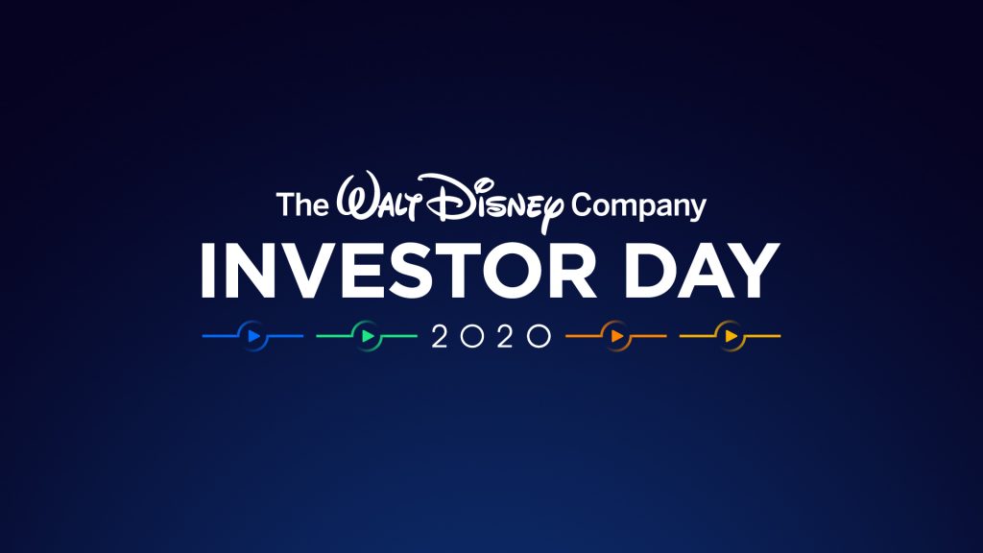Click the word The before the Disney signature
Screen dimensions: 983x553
[x=302, y=204]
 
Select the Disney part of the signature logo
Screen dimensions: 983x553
[x=494, y=202]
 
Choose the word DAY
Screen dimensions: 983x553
[x=702, y=271]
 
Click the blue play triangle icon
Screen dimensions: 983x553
[x=253, y=336]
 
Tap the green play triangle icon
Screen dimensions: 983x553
[x=368, y=336]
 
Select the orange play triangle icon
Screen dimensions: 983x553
[x=617, y=336]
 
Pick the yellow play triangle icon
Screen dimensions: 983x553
[x=731, y=336]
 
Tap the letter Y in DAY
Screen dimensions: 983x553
[x=754, y=271]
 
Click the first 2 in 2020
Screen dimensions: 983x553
[x=440, y=336]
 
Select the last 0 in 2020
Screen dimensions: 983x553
[x=539, y=336]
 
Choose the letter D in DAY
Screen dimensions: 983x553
[x=650, y=271]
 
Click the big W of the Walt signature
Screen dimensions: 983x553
[x=357, y=195]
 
